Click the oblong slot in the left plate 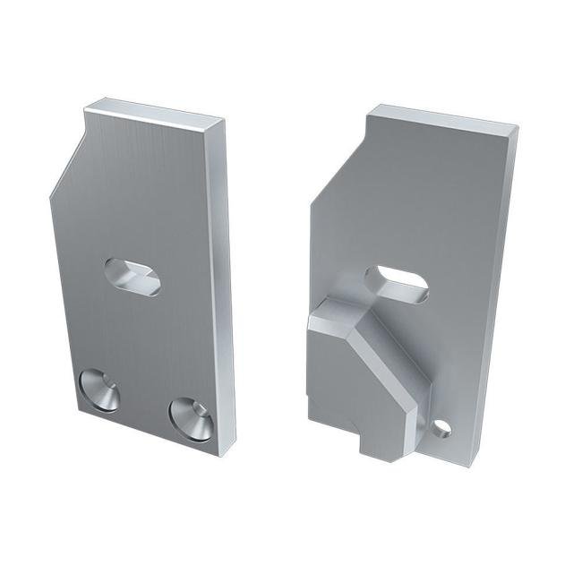pos(133,276)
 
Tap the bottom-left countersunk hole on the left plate pos(98,390)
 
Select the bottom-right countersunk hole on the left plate pos(190,419)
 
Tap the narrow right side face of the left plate pos(221,287)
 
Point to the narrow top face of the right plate pos(443,117)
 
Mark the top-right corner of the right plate pos(517,128)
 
